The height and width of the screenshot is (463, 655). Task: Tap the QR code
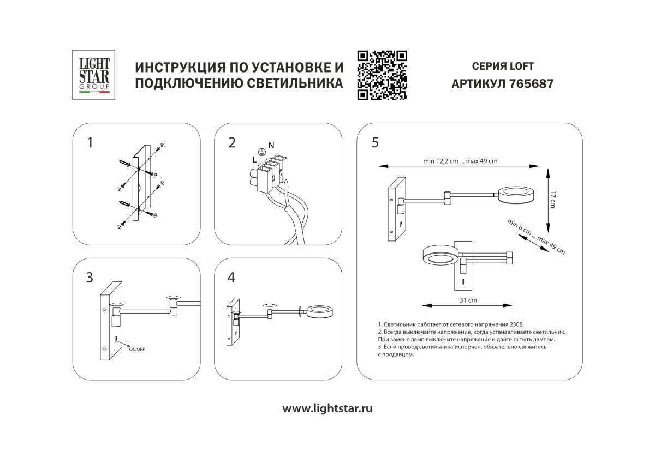(382, 75)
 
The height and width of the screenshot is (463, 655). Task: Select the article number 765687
(531, 85)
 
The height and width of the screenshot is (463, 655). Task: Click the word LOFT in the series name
(521, 67)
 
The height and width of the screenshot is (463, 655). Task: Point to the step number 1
(90, 143)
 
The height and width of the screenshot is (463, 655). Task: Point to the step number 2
(232, 143)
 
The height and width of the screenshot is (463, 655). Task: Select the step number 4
(231, 278)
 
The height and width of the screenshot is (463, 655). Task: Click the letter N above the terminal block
(271, 145)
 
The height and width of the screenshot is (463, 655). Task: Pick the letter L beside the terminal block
(254, 159)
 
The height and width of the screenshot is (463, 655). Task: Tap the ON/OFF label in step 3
(137, 348)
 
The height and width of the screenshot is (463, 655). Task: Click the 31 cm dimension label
(468, 300)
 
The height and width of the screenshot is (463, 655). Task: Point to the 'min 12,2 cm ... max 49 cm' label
(460, 161)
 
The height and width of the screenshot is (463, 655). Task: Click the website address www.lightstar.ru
(327, 408)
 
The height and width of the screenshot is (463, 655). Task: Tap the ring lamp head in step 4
(319, 311)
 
